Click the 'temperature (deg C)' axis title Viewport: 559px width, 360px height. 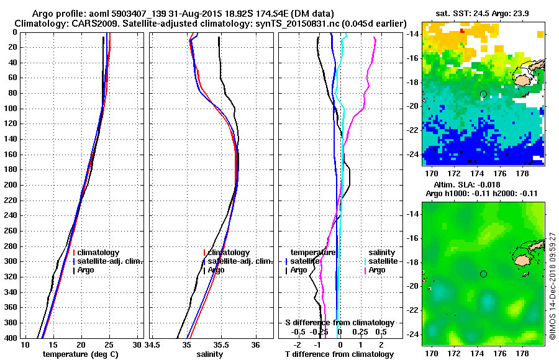pyautogui.click(x=80, y=354)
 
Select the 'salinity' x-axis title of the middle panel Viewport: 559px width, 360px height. pyautogui.click(x=209, y=354)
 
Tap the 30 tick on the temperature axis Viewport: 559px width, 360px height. pyautogui.click(x=137, y=344)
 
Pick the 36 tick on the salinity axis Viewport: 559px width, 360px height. pyautogui.click(x=255, y=344)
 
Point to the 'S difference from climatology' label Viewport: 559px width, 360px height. pyautogui.click(x=339, y=323)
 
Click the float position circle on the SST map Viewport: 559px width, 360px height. pyautogui.click(x=483, y=94)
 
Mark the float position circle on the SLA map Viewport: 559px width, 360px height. pyautogui.click(x=483, y=274)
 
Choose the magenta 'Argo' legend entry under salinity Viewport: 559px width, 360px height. pyautogui.click(x=377, y=270)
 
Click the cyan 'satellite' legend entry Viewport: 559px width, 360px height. pyautogui.click(x=381, y=261)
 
